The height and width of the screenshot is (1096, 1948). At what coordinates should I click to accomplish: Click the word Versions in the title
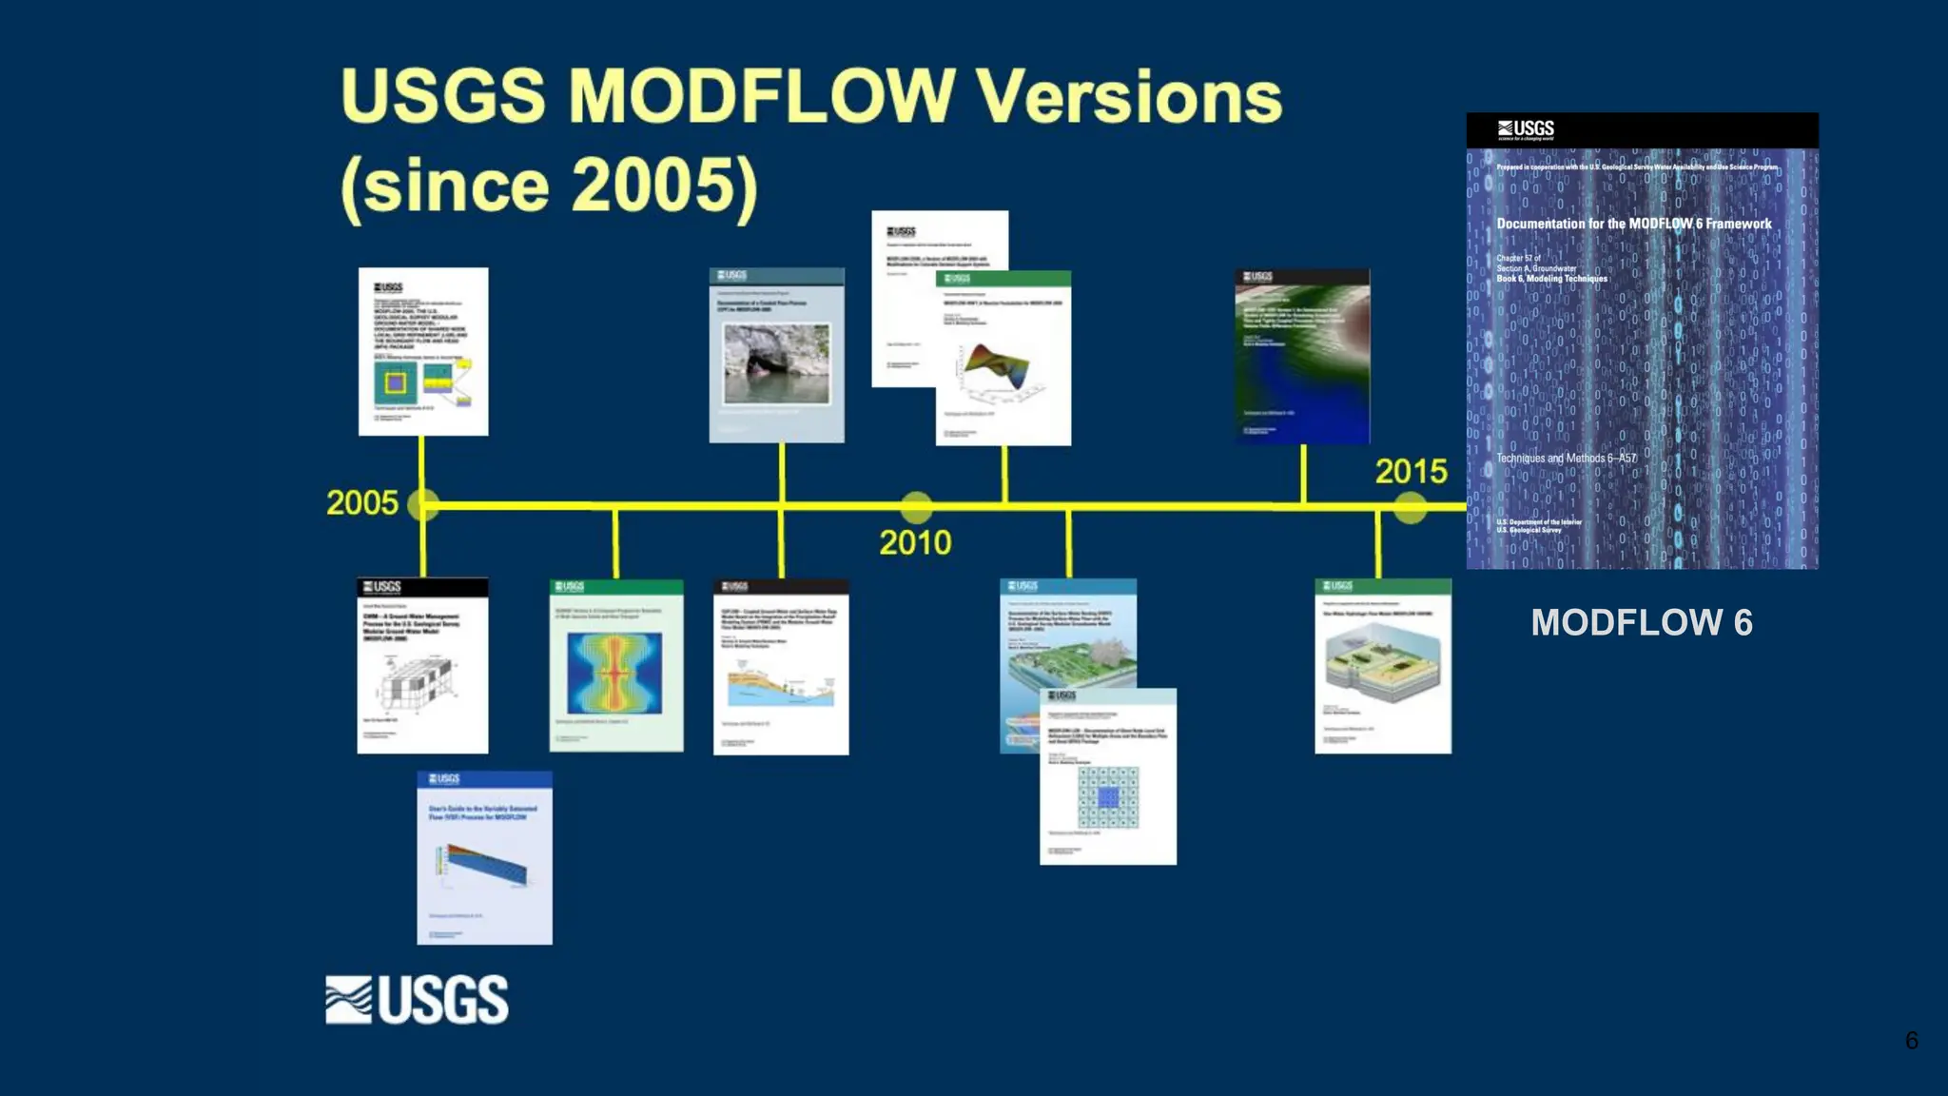(1129, 97)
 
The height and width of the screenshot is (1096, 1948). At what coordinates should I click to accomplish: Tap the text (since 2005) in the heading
(550, 185)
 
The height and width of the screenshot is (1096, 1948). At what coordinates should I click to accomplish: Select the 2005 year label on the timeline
(361, 502)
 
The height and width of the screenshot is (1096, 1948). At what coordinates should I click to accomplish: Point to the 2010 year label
(914, 542)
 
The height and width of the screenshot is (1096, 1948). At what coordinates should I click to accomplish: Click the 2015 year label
(1411, 471)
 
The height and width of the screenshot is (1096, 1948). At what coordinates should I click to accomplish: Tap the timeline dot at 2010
(916, 507)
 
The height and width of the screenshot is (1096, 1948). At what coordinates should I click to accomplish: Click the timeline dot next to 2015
(1410, 507)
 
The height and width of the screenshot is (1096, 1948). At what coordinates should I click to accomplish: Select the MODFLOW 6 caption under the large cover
(1641, 622)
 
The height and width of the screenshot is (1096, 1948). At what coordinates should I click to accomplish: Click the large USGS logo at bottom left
(417, 1000)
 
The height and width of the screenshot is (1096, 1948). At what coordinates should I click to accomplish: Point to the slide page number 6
(1911, 1040)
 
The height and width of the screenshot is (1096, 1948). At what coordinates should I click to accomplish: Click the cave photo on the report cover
(776, 363)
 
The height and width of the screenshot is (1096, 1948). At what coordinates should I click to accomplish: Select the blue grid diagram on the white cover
(1108, 797)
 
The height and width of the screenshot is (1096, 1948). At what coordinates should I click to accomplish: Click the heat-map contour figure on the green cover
(615, 673)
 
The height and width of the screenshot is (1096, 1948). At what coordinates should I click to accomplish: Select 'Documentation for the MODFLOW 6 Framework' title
(1633, 224)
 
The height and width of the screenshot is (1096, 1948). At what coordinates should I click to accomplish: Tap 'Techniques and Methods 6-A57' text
(1566, 458)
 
